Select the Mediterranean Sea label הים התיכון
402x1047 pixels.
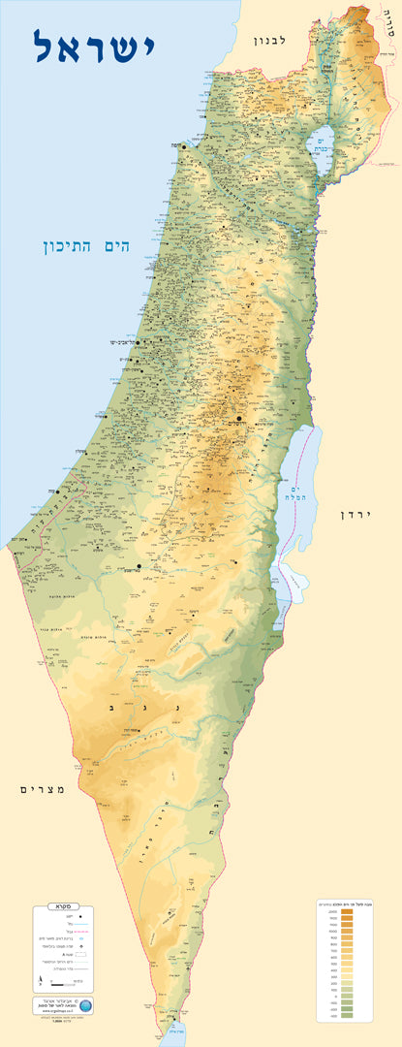coord(86,247)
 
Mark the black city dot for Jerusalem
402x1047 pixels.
coord(239,419)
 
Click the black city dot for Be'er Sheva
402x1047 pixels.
coord(139,566)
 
